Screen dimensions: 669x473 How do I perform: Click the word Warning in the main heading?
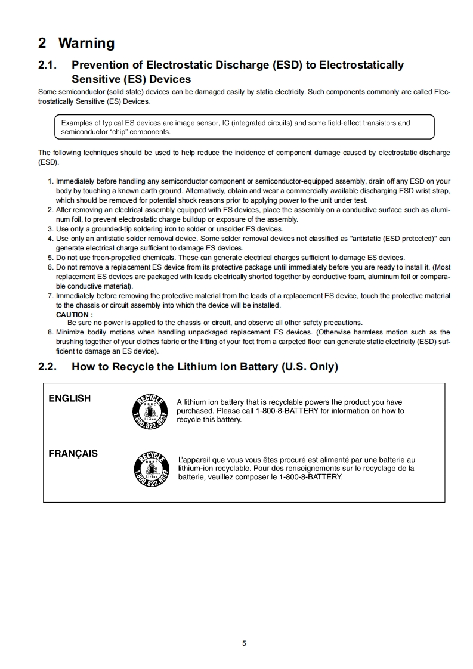point(86,43)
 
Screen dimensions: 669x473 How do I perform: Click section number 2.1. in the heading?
point(49,65)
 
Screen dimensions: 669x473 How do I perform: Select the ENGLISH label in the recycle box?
point(69,398)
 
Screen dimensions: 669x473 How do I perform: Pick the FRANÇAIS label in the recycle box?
point(73,453)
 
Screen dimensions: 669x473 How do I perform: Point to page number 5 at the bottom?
point(244,643)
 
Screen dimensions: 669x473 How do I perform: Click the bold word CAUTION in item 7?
point(74,314)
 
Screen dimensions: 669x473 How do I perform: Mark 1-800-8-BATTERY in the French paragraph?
point(310,477)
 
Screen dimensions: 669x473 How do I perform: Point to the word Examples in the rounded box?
point(77,123)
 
